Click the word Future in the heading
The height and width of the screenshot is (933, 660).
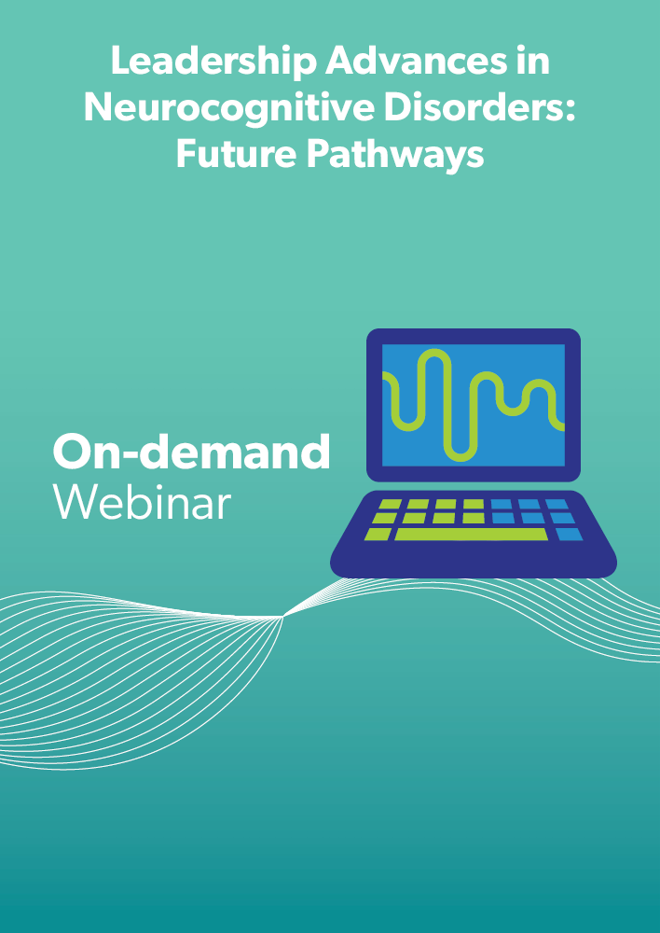[x=237, y=154]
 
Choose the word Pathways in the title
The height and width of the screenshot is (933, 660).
[x=395, y=155]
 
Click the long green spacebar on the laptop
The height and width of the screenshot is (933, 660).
[x=471, y=534]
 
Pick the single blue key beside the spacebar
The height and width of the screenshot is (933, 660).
[x=570, y=534]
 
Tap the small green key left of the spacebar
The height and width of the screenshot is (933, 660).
[x=378, y=534]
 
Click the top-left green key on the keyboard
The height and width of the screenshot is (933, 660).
[x=390, y=504]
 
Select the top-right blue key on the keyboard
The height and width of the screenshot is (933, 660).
[x=557, y=504]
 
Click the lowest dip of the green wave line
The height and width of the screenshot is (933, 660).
[x=461, y=457]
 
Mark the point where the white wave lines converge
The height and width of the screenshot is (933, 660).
[x=283, y=617]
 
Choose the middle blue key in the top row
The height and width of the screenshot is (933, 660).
[x=529, y=504]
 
